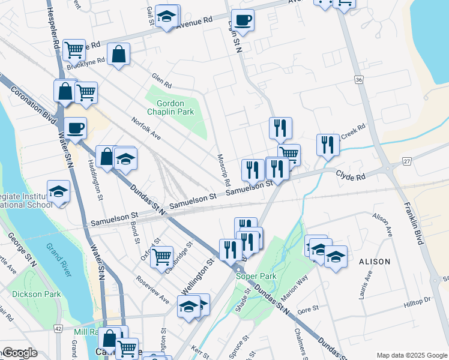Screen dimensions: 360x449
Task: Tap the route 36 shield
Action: point(359,79)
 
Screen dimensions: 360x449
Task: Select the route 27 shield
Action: point(406,162)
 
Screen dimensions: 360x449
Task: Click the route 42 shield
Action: point(58,329)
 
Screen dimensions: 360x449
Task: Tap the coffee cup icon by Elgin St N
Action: point(243,20)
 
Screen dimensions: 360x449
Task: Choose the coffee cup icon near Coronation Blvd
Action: point(76,127)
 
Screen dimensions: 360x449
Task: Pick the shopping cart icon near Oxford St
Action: point(161,256)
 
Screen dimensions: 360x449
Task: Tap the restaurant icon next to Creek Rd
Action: point(328,145)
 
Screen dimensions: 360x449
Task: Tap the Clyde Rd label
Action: point(350,176)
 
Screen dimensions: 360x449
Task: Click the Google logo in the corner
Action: point(19,353)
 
